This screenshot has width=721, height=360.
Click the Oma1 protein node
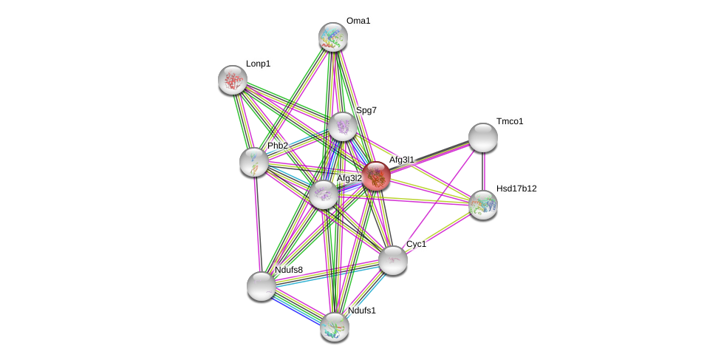333,37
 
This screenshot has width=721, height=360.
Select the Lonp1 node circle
232,80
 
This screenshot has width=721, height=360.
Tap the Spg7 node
343,126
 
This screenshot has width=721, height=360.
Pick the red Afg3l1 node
375,176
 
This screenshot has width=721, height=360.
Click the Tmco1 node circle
483,137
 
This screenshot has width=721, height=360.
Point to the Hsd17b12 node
483,205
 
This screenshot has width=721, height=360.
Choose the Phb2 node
254,162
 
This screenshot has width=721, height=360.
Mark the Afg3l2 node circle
324,194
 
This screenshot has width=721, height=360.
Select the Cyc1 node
393,259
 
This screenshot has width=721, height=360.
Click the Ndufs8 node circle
261,286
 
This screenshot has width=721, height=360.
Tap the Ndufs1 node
335,326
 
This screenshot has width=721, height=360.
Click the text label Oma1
358,21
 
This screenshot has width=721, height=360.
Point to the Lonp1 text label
258,64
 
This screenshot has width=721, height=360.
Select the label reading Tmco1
510,121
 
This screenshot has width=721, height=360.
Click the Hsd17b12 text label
516,189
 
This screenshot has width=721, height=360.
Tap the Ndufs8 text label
289,270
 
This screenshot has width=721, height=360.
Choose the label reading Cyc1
416,244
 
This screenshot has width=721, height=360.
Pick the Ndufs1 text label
362,310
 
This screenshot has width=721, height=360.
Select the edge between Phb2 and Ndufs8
257,224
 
